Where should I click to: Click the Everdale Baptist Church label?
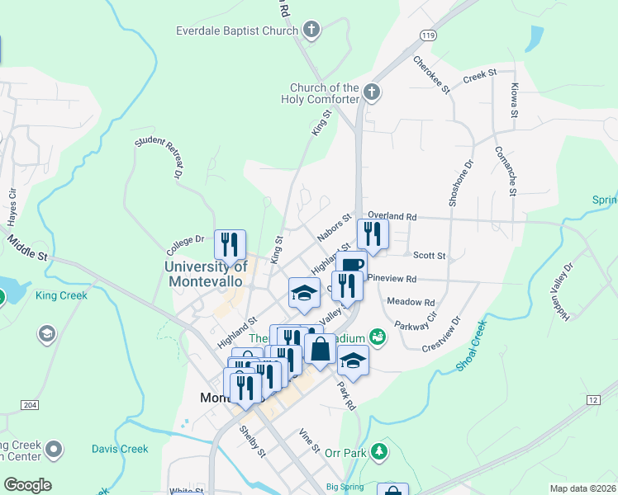pyautogui.click(x=236, y=31)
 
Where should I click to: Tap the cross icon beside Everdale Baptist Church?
pyautogui.click(x=311, y=32)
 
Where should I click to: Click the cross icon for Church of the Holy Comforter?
pyautogui.click(x=372, y=92)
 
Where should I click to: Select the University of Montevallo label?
pyautogui.click(x=206, y=273)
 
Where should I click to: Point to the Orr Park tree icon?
pyautogui.click(x=379, y=451)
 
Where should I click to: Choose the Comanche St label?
pyautogui.click(x=506, y=171)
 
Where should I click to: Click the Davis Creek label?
pyautogui.click(x=120, y=449)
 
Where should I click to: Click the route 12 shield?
pyautogui.click(x=593, y=399)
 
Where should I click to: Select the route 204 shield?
pyautogui.click(x=30, y=405)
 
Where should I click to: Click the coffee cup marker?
pyautogui.click(x=350, y=265)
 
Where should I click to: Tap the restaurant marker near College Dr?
pyautogui.click(x=230, y=243)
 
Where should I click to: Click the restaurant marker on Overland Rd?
pyautogui.click(x=373, y=233)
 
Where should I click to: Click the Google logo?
pyautogui.click(x=28, y=485)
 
